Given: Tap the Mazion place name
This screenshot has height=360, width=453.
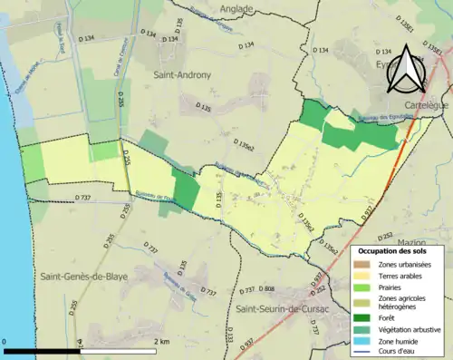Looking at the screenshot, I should (x=410, y=243).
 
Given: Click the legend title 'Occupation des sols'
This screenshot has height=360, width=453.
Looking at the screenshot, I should (x=394, y=250).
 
